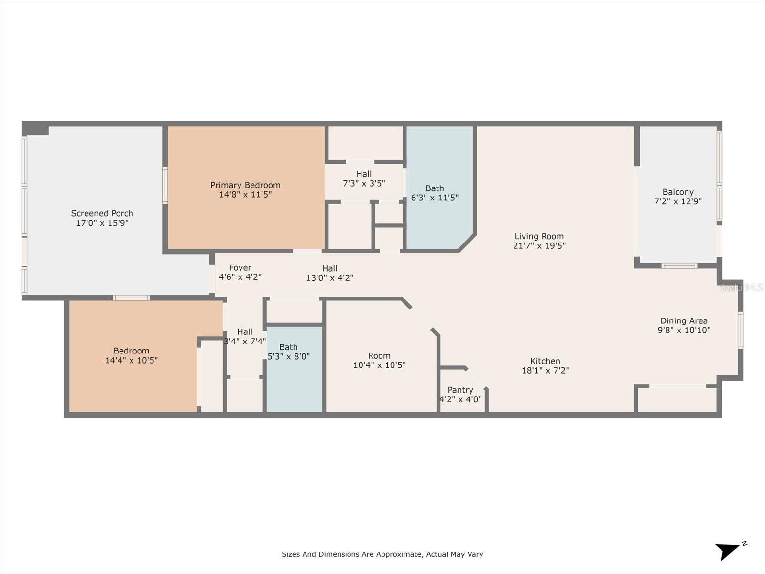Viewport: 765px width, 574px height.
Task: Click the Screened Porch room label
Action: click(x=102, y=213)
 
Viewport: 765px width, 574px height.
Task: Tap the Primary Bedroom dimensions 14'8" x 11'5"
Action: click(x=245, y=195)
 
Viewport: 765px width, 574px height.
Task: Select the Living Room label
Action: click(x=539, y=236)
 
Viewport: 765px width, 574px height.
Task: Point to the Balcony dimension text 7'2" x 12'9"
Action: click(x=678, y=201)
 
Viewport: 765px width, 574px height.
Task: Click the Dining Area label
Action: click(x=684, y=320)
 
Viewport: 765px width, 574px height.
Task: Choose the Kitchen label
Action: click(x=545, y=361)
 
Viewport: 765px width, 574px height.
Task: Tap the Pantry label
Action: click(x=460, y=390)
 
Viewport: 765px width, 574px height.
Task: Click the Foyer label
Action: click(x=240, y=268)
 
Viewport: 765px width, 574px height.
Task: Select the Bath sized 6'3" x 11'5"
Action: click(x=435, y=193)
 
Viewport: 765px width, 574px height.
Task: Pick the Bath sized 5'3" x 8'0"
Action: click(x=289, y=352)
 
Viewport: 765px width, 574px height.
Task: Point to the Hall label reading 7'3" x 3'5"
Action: click(x=364, y=178)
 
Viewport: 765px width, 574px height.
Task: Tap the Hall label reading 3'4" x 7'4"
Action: click(x=245, y=336)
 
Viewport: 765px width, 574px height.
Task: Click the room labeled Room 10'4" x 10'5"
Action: click(x=379, y=360)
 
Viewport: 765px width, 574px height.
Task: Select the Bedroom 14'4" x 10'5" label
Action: click(x=131, y=355)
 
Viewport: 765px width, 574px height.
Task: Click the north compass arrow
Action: click(x=728, y=551)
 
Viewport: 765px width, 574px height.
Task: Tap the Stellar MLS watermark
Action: click(x=741, y=287)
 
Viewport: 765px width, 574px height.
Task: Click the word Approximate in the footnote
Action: click(x=399, y=554)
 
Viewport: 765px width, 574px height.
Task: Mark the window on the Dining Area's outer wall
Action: click(x=741, y=330)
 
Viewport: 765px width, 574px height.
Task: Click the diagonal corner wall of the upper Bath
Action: click(x=467, y=242)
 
